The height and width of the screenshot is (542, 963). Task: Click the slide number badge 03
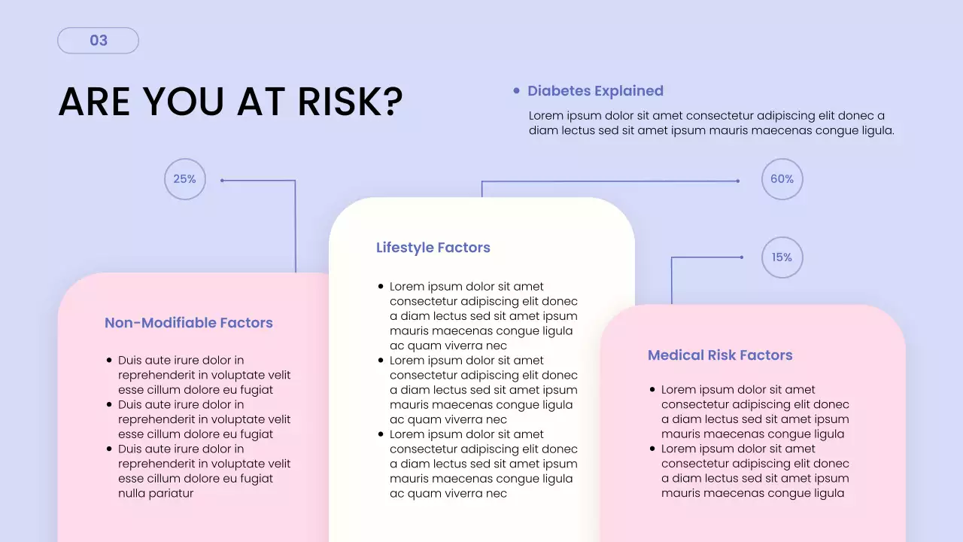tap(99, 41)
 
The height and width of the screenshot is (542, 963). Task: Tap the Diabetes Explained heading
tap(595, 91)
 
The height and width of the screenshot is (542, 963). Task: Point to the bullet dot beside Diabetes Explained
tap(516, 91)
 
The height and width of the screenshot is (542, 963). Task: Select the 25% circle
tap(185, 179)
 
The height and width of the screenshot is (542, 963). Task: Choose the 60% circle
tap(782, 179)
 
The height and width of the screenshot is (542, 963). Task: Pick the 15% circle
tap(782, 257)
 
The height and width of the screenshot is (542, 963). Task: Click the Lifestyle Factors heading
tap(433, 248)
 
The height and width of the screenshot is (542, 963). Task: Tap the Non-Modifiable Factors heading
tap(189, 323)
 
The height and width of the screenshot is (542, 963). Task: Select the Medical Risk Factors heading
tap(720, 355)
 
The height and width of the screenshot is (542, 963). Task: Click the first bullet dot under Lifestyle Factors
tap(381, 287)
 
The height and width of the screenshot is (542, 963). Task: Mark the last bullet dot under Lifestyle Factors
tap(381, 434)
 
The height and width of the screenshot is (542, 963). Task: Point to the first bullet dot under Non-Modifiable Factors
tap(109, 361)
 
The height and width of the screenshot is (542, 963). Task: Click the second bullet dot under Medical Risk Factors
tap(652, 449)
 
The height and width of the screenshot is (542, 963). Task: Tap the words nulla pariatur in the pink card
tap(156, 494)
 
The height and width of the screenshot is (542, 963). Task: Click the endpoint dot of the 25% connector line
tap(222, 180)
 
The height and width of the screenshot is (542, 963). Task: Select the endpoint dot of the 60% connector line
tap(738, 181)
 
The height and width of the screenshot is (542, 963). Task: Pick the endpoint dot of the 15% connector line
tap(742, 257)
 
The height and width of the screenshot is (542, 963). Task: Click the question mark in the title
tap(393, 102)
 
